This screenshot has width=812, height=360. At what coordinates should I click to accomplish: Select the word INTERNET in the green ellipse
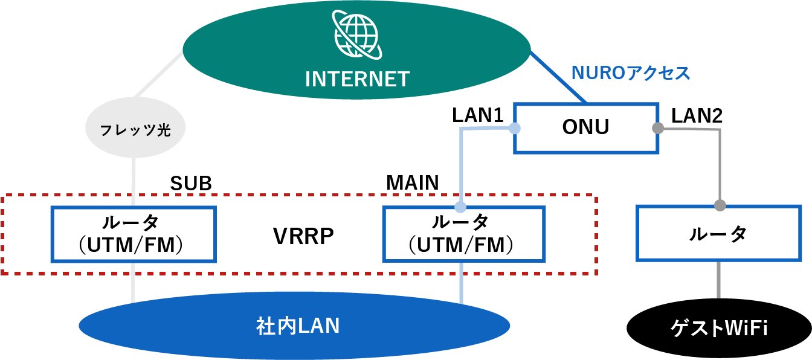coord(357,79)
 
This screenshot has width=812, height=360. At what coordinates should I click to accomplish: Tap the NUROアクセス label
coord(631,74)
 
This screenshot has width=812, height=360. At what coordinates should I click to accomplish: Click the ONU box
coord(585,127)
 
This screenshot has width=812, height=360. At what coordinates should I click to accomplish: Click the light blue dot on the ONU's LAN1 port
coord(514,128)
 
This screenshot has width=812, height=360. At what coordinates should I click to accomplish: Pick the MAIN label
coord(412,183)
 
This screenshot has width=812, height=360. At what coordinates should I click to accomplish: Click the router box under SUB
coord(133,234)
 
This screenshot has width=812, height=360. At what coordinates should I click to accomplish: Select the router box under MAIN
coord(464,234)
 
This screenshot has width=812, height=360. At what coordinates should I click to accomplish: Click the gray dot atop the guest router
coord(720,205)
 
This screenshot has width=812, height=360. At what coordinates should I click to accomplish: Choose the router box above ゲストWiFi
coord(718,234)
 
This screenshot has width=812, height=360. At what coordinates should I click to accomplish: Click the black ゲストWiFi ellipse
coord(719,329)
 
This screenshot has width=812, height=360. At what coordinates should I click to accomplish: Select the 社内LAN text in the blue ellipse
coord(297,327)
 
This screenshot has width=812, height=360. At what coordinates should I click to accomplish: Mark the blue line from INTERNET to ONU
coord(559,77)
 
